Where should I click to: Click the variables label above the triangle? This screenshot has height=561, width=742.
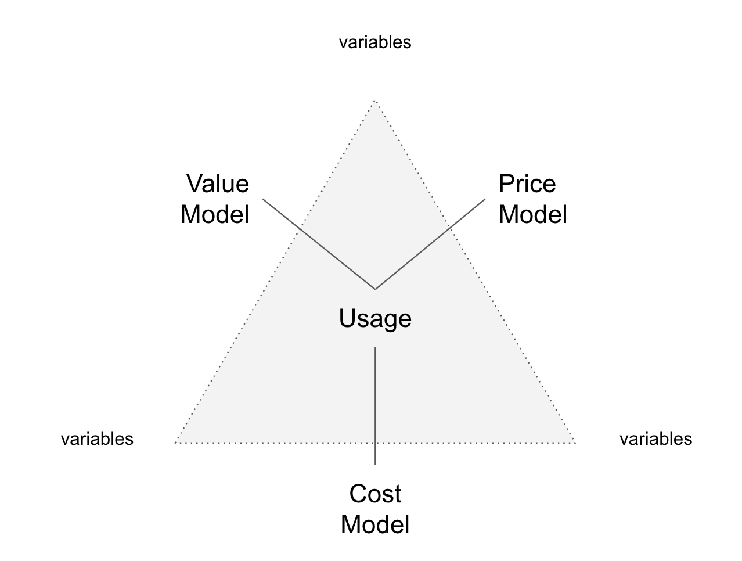(x=375, y=42)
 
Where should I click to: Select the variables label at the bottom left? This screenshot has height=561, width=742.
(x=97, y=439)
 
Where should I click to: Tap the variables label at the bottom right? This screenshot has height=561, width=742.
(x=655, y=439)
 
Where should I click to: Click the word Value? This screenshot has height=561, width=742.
(x=218, y=184)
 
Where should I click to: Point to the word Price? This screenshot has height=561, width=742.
(x=527, y=184)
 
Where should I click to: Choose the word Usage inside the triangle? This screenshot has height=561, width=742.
(x=375, y=319)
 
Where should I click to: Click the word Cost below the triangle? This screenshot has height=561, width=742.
(x=375, y=494)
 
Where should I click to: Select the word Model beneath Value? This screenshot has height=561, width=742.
(x=214, y=214)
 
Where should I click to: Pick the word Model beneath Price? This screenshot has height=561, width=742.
(x=532, y=214)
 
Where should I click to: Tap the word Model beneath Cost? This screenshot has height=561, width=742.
(x=375, y=524)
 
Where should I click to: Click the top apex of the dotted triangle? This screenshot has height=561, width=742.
(x=375, y=101)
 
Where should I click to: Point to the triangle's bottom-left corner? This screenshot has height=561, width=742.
(x=175, y=443)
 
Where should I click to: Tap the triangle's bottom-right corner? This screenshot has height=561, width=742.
(x=575, y=443)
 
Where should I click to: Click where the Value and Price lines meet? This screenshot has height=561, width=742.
(x=375, y=289)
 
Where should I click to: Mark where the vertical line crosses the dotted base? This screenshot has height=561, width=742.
(x=375, y=443)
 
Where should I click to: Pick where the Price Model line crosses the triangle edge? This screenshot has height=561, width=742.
(x=451, y=227)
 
